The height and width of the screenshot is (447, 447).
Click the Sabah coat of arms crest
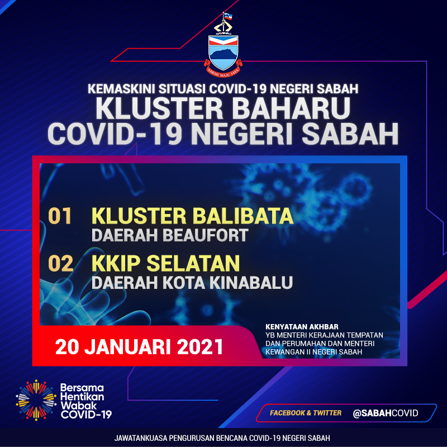(x=223, y=45)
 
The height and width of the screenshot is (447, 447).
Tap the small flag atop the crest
(x=228, y=17)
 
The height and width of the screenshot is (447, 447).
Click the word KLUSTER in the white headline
(x=159, y=108)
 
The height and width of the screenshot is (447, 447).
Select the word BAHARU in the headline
(x=291, y=108)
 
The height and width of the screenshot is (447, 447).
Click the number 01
(x=60, y=216)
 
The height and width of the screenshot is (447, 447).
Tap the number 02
(x=60, y=263)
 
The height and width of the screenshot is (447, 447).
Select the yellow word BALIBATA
(x=243, y=216)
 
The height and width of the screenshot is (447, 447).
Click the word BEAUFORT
(x=205, y=235)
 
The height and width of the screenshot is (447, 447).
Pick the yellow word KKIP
(x=116, y=263)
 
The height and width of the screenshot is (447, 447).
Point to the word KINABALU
(x=251, y=283)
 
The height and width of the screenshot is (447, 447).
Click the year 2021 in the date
(x=200, y=347)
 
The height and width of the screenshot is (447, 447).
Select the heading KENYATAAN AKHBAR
(x=302, y=327)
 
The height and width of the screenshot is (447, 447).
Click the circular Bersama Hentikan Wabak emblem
(x=36, y=400)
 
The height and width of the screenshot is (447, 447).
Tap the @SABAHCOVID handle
(x=386, y=413)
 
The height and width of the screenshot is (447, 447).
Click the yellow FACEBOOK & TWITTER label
(x=306, y=413)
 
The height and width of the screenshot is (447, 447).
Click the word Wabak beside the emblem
(x=75, y=406)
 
